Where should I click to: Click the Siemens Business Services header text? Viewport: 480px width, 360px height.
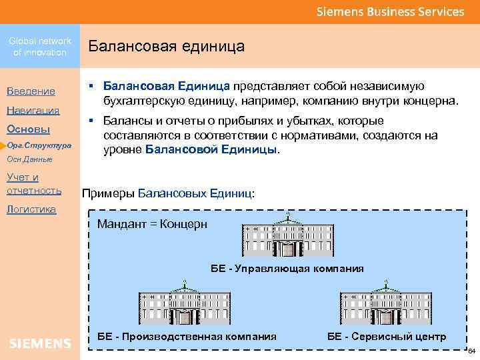tap(390, 12)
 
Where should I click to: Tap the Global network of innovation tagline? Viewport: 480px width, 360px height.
tap(40, 47)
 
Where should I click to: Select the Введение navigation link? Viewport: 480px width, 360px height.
tap(31, 91)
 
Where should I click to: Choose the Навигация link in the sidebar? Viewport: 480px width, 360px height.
tap(33, 110)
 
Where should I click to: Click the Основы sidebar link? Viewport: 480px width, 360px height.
tap(27, 129)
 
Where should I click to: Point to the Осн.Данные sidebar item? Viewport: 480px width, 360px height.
tap(29, 160)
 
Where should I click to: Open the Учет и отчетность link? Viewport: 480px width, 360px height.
tap(33, 183)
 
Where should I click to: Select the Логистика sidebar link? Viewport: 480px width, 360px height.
tap(31, 209)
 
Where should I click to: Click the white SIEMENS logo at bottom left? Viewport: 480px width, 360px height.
tap(40, 343)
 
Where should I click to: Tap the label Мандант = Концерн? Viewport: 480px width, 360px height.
tap(152, 224)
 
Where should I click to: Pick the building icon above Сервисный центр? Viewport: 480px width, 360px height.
tap(385, 305)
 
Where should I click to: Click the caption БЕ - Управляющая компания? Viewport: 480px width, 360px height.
tap(287, 269)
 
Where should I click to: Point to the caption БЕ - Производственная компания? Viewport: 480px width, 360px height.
tap(187, 336)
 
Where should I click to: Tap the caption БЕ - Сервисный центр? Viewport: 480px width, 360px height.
tap(387, 336)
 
